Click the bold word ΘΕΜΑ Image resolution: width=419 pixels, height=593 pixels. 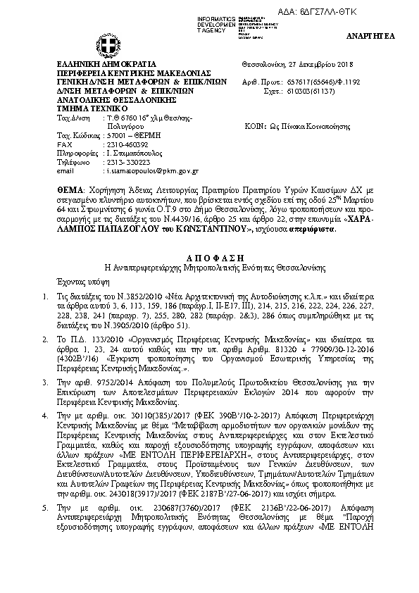[70, 191]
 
